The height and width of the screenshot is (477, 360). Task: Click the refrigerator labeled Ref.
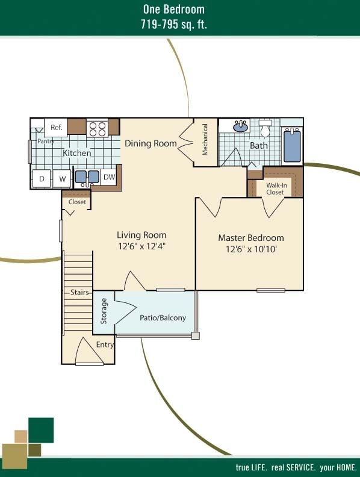(x=56, y=128)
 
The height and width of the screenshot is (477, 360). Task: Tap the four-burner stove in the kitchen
(x=98, y=129)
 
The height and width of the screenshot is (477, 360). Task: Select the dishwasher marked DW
(x=109, y=177)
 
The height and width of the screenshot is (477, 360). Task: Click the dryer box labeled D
(x=42, y=178)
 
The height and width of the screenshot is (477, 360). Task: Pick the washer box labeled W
(x=62, y=178)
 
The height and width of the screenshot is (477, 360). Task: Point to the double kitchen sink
(x=87, y=177)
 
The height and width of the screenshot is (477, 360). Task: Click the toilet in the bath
(x=265, y=128)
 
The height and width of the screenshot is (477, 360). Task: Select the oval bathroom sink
(x=241, y=126)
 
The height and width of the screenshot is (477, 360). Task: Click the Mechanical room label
(x=205, y=139)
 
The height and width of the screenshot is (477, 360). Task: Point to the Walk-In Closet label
(x=276, y=189)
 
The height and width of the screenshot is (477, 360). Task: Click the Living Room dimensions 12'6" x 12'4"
(x=141, y=246)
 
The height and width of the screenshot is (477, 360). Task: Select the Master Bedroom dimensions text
(x=251, y=249)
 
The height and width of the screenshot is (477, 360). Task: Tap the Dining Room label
(x=151, y=143)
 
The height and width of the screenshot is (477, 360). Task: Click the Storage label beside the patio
(x=104, y=311)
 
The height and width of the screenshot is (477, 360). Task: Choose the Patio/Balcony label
(x=163, y=317)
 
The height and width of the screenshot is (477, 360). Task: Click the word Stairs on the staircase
(x=79, y=292)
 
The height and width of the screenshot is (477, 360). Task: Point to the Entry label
(x=105, y=344)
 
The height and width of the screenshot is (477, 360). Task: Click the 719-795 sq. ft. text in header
(x=173, y=24)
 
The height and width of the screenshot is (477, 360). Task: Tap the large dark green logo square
(x=41, y=430)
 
